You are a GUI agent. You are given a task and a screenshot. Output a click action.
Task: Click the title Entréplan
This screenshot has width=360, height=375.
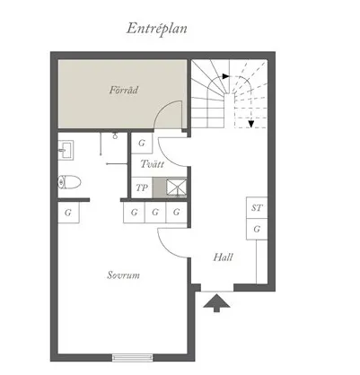pyautogui.click(x=156, y=29)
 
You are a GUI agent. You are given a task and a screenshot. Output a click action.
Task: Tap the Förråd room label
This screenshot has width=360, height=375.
pyautogui.click(x=124, y=90)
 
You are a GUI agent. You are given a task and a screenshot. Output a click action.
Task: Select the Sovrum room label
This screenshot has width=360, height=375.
pyautogui.click(x=123, y=275)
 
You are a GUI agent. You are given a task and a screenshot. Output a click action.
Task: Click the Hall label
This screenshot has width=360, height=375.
pyautogui.click(x=223, y=257)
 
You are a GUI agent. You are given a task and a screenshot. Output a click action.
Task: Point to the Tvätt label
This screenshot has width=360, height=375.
pyautogui.click(x=153, y=164)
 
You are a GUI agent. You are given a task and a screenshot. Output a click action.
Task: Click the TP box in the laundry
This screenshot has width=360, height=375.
pyautogui.click(x=142, y=187)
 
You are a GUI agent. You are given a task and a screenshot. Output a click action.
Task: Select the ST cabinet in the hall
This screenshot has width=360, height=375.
pyautogui.click(x=257, y=207)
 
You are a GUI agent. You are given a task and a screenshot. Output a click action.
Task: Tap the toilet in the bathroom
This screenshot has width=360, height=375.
pyautogui.click(x=69, y=182)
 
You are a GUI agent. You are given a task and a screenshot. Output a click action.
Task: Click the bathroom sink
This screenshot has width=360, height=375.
pyautogui.click(x=66, y=151)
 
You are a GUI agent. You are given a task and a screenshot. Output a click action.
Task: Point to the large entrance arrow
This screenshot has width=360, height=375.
pyautogui.click(x=216, y=303)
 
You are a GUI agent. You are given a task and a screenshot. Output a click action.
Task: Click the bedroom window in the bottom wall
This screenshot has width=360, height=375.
pyautogui.click(x=133, y=358)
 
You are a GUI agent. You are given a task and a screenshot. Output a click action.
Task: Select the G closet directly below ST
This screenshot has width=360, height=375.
pyautogui.click(x=257, y=229)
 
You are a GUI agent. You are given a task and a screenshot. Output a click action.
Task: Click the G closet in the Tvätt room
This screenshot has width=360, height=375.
pyautogui.click(x=142, y=143)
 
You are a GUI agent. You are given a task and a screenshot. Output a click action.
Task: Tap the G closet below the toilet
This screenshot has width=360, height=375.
pyautogui.click(x=68, y=213)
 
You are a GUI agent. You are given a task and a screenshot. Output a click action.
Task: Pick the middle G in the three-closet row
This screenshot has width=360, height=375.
pyautogui.click(x=155, y=213)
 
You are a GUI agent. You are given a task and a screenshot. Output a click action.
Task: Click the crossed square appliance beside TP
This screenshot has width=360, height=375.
pyautogui.click(x=177, y=187)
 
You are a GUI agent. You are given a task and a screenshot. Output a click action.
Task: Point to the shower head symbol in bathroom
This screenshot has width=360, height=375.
pyautogui.click(x=115, y=135)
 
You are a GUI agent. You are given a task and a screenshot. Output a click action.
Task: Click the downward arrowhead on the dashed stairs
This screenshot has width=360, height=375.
pyautogui.click(x=250, y=124)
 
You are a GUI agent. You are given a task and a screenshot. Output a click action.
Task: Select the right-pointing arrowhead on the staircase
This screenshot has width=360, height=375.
pyautogui.click(x=226, y=76)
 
